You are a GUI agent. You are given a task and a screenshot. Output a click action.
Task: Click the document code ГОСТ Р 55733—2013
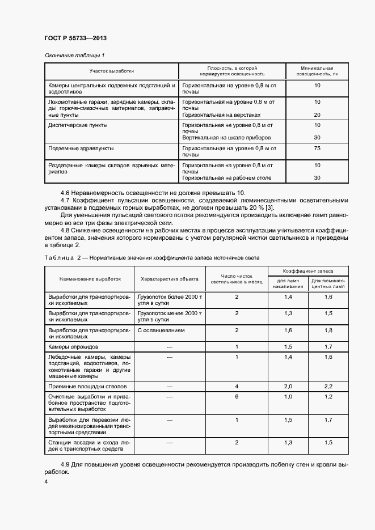point(75,38)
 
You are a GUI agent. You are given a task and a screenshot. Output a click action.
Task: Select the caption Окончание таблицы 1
point(75,55)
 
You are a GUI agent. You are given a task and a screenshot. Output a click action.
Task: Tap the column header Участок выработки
point(112,71)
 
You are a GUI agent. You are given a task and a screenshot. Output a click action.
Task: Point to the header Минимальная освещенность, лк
point(317,70)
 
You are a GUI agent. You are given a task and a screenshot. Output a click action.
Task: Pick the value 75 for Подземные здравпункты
point(317,148)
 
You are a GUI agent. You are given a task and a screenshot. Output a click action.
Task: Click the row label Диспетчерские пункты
point(78,125)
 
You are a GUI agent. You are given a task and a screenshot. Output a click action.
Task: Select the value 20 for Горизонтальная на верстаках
point(317,115)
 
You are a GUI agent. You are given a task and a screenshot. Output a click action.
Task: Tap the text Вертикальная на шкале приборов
point(226,138)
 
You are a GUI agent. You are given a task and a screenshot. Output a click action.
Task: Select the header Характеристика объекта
point(169,279)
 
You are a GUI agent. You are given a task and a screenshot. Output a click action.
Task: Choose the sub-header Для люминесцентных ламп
point(328,283)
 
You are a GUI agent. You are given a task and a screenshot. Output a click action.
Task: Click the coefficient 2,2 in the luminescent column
point(328,386)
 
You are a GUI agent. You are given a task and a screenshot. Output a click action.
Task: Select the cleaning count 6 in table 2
point(236,397)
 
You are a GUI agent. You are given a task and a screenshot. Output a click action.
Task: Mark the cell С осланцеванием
point(161,330)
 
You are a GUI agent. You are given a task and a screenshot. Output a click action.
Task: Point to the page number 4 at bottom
point(46,481)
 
